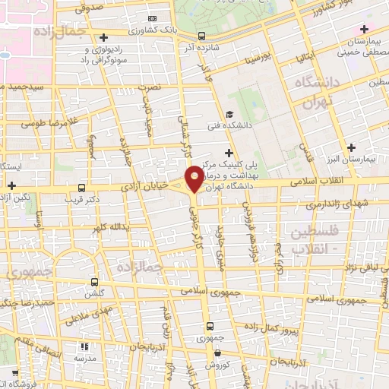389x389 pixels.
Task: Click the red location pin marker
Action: (195, 179)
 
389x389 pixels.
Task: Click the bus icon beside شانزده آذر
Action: (201, 36)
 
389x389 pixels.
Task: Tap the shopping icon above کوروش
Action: (218, 353)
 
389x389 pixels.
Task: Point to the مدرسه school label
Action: (84, 358)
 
